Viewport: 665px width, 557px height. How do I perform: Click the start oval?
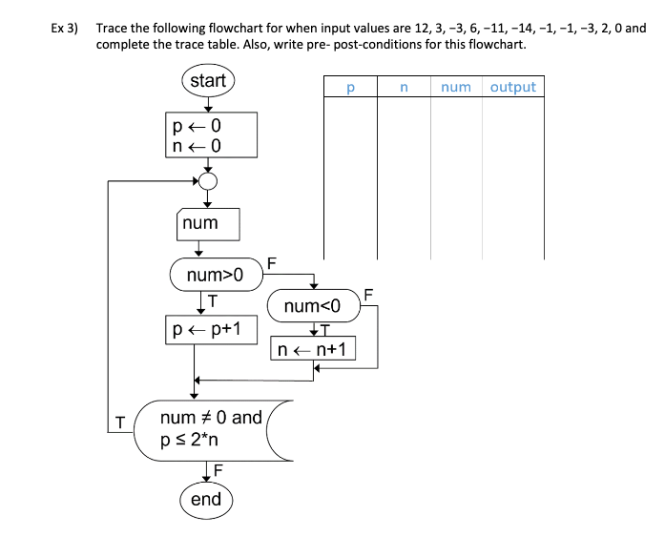pyautogui.click(x=207, y=81)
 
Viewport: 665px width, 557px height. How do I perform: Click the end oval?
pyautogui.click(x=206, y=500)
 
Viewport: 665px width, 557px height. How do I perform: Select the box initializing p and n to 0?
pyautogui.click(x=210, y=134)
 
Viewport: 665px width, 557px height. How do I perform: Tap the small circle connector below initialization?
pyautogui.click(x=208, y=181)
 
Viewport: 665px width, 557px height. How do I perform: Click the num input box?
pyautogui.click(x=207, y=224)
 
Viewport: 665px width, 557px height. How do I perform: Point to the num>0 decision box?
pyautogui.click(x=215, y=276)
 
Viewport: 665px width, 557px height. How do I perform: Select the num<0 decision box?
pyautogui.click(x=312, y=306)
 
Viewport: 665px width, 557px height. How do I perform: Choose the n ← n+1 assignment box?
pyautogui.click(x=313, y=350)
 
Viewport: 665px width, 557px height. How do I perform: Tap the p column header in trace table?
pyautogui.click(x=350, y=88)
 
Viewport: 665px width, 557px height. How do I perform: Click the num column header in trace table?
pyautogui.click(x=456, y=88)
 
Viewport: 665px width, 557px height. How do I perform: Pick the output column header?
pyautogui.click(x=513, y=88)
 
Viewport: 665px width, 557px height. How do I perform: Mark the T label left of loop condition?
pyautogui.click(x=120, y=422)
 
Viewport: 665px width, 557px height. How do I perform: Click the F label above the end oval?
pyautogui.click(x=218, y=469)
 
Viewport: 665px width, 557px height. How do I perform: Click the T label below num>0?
pyautogui.click(x=213, y=299)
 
